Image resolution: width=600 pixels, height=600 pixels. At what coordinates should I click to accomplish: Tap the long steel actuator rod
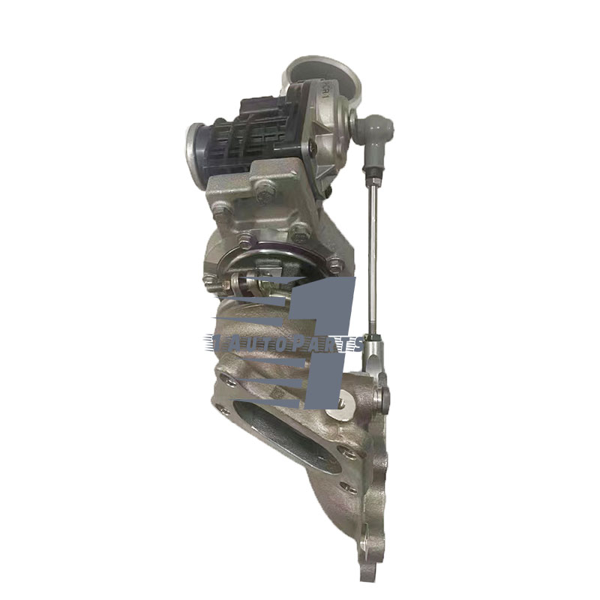coord(369,247)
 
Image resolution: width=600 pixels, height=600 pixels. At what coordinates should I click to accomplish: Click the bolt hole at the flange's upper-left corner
coord(226,382)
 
